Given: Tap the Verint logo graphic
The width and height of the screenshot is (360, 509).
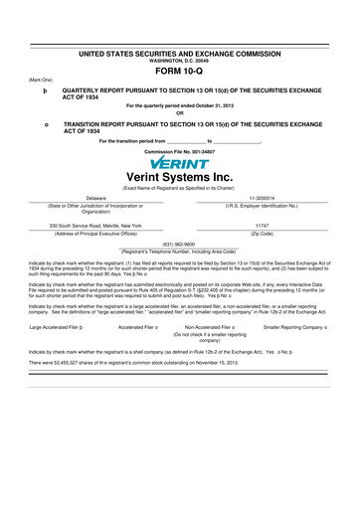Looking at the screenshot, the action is point(179,163).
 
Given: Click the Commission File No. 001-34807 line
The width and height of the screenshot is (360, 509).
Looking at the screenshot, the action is point(179,151).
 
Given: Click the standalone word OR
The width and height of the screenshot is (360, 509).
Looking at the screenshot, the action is point(179,110).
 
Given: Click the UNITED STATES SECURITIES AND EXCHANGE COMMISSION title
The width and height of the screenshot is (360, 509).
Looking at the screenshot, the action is point(179,50).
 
